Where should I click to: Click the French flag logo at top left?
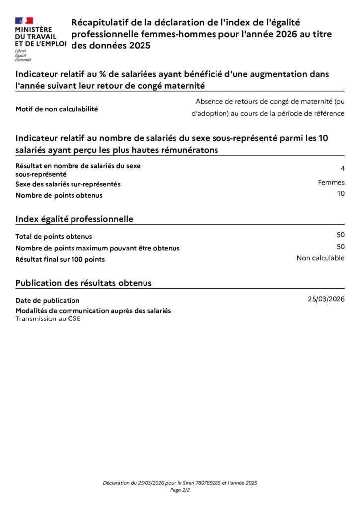(24, 21)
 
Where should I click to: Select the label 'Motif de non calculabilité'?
(57, 109)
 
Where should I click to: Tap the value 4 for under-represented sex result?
(342, 168)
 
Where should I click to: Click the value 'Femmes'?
(331, 182)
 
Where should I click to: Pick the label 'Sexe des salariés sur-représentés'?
(68, 184)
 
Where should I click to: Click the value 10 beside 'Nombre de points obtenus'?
(340, 194)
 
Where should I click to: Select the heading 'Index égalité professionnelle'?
(74, 219)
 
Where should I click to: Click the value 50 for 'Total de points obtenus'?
(340, 235)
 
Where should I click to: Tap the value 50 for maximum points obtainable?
(340, 247)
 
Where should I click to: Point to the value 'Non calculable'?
(320, 258)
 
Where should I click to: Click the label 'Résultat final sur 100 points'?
(60, 259)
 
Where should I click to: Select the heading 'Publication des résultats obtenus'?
(83, 283)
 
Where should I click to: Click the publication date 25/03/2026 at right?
(326, 299)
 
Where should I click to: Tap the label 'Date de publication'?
(47, 300)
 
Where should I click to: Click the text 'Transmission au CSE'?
(48, 319)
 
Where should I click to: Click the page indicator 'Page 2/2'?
(180, 490)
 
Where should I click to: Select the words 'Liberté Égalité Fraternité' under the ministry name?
(23, 55)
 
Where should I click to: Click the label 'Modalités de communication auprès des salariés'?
(93, 311)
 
